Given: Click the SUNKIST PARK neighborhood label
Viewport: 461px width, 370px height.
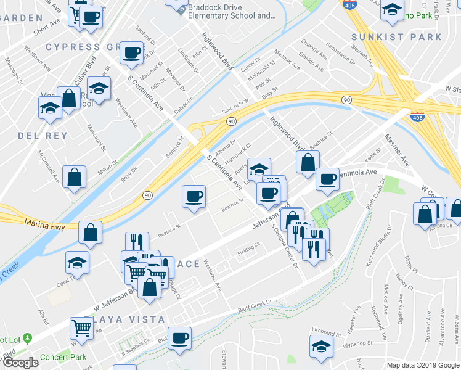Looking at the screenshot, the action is click(x=404, y=37).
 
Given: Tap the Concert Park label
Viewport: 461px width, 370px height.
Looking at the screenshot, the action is click(x=63, y=357).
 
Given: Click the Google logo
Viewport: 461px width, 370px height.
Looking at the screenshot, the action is click(x=20, y=363).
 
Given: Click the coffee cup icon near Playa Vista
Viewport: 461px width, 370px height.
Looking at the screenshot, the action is click(x=180, y=338).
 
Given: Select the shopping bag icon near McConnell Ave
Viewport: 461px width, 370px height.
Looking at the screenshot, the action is click(x=74, y=178).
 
